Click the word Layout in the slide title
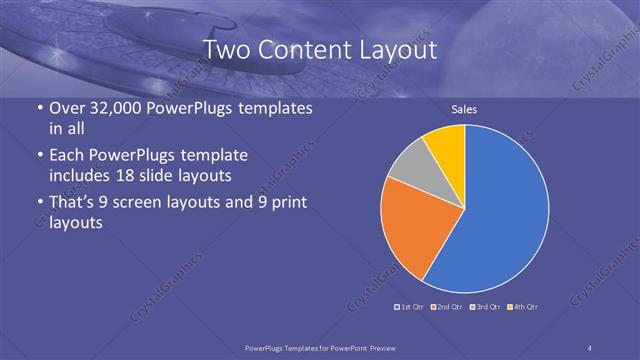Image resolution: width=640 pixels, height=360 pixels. (x=395, y=50)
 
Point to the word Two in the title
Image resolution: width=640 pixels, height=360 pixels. (x=228, y=50)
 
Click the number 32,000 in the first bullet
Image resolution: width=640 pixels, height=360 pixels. (x=111, y=108)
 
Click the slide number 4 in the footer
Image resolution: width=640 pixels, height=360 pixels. (x=590, y=347)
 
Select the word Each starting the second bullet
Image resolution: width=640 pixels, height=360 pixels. (x=67, y=156)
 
